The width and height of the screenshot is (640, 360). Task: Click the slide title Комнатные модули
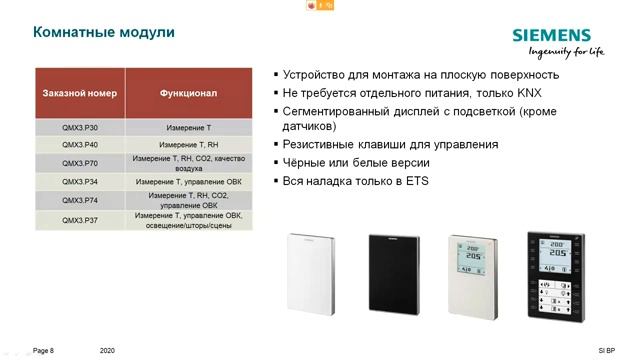(x=105, y=32)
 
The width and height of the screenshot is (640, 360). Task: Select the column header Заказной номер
(x=80, y=93)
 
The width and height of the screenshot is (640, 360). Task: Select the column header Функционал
(x=188, y=93)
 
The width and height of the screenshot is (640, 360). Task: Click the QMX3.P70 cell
(x=80, y=163)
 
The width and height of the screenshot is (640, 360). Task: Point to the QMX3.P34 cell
(x=80, y=181)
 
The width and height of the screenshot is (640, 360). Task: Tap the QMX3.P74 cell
(x=80, y=199)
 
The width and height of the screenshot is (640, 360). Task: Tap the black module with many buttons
(x=553, y=273)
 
